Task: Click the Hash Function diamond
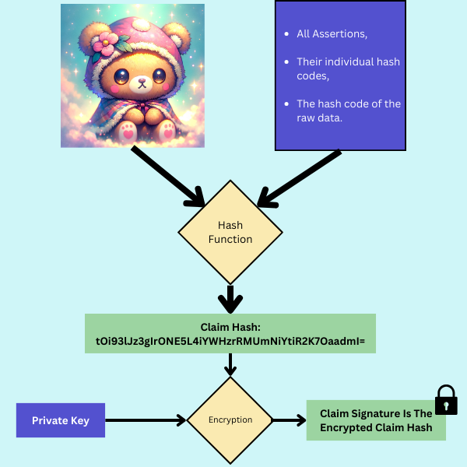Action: pos(230,232)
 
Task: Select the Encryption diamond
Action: pos(230,420)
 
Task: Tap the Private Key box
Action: pos(61,420)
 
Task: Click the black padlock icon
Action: pos(445,399)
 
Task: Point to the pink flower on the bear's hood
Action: pos(103,44)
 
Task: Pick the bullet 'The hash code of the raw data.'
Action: pos(348,111)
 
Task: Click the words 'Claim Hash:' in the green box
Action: pos(230,327)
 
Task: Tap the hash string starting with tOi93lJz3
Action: pos(230,341)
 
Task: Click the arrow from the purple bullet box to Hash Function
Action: pos(300,179)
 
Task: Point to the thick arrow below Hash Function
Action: pos(230,297)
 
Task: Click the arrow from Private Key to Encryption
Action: pos(145,420)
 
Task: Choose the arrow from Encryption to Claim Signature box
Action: pos(288,420)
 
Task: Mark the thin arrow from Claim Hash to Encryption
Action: pos(230,364)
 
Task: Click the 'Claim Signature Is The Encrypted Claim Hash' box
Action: pos(375,420)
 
